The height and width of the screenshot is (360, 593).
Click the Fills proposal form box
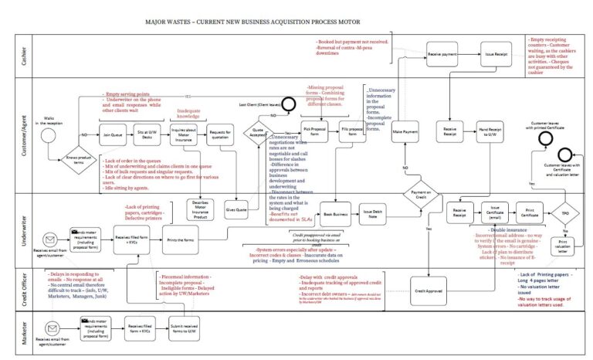[353, 133]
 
